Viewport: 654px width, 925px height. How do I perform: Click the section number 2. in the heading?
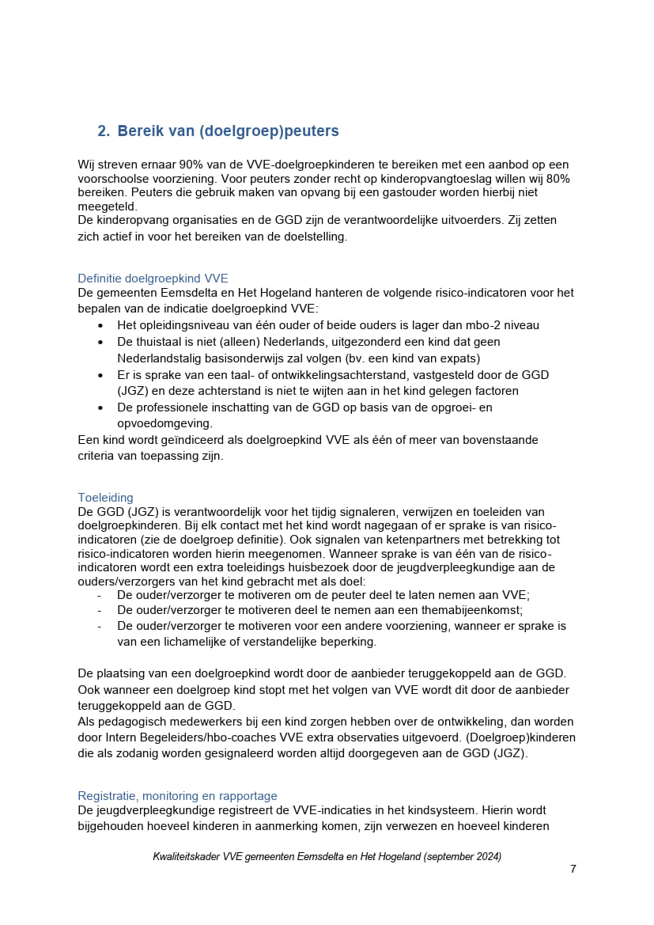pyautogui.click(x=104, y=131)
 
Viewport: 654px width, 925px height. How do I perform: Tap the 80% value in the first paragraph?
pyautogui.click(x=555, y=179)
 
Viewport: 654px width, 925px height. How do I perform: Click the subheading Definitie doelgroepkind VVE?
pyautogui.click(x=153, y=279)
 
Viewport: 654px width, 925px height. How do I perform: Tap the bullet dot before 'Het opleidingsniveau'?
pyautogui.click(x=100, y=325)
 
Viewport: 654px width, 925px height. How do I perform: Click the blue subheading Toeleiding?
pyautogui.click(x=105, y=498)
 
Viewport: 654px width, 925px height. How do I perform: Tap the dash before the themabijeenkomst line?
pyautogui.click(x=100, y=610)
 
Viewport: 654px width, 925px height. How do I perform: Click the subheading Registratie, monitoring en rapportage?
pyautogui.click(x=177, y=796)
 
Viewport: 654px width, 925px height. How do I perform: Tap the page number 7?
pyautogui.click(x=573, y=869)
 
